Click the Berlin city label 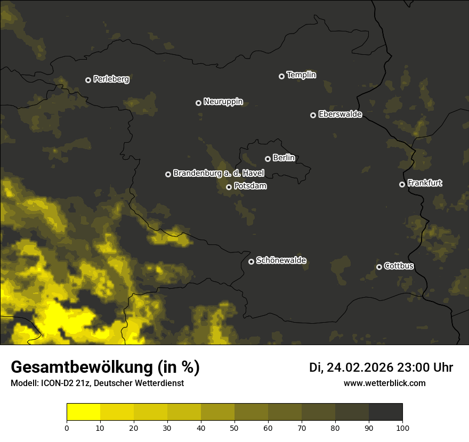[x=284, y=158]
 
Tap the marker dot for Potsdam [x=229, y=187]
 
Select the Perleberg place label [x=111, y=79]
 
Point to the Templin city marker [x=281, y=76]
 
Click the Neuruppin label [x=223, y=102]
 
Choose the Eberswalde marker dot [x=313, y=115]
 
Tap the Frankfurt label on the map [x=425, y=183]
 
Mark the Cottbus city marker [x=379, y=267]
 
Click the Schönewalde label [x=281, y=260]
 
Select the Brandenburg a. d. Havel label [x=219, y=174]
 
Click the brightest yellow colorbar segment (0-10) [x=84, y=412]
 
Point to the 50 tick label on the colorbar [x=234, y=428]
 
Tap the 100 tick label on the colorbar [x=402, y=428]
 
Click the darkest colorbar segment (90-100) [x=385, y=412]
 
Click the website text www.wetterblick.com [x=385, y=383]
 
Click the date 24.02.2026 [x=360, y=367]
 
